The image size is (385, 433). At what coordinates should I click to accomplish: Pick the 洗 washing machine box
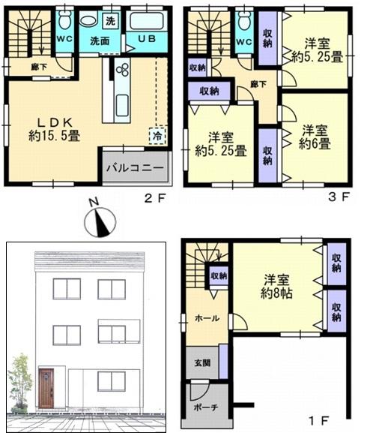[x=111, y=20]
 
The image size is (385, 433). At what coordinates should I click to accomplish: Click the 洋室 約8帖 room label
[x=277, y=287]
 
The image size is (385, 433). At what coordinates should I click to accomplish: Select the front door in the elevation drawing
[x=46, y=388]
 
